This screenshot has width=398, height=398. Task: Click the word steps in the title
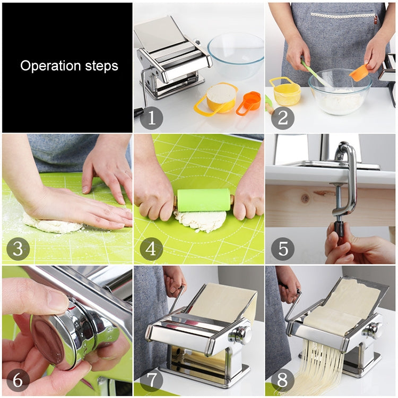(101, 67)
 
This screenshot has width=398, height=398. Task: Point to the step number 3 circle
(18, 249)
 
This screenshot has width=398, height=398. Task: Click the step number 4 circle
(151, 249)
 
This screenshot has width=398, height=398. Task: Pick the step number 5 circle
(282, 249)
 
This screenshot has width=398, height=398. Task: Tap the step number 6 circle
(18, 380)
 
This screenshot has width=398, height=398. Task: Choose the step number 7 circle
(151, 380)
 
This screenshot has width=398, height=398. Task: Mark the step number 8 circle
(282, 380)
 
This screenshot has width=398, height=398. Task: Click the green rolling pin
(204, 200)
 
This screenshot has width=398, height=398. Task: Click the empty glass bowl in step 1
(235, 55)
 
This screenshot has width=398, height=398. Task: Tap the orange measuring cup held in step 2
(360, 72)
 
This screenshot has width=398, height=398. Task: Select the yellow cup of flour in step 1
(221, 97)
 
